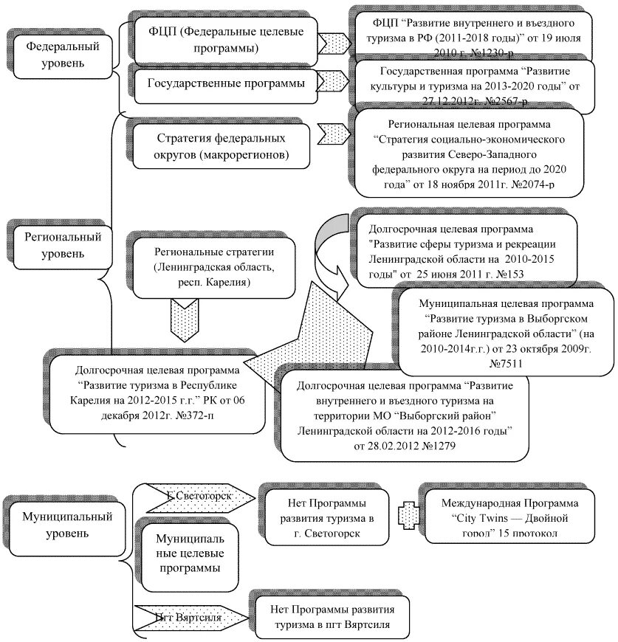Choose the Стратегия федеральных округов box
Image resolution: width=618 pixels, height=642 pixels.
tap(222, 145)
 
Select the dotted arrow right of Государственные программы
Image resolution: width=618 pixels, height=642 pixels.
tap(338, 82)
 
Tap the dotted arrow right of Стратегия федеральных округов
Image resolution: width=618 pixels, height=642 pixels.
tap(334, 135)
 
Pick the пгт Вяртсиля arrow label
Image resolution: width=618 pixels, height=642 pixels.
tap(188, 615)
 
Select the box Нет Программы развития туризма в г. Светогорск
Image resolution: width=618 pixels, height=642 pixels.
tap(326, 514)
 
